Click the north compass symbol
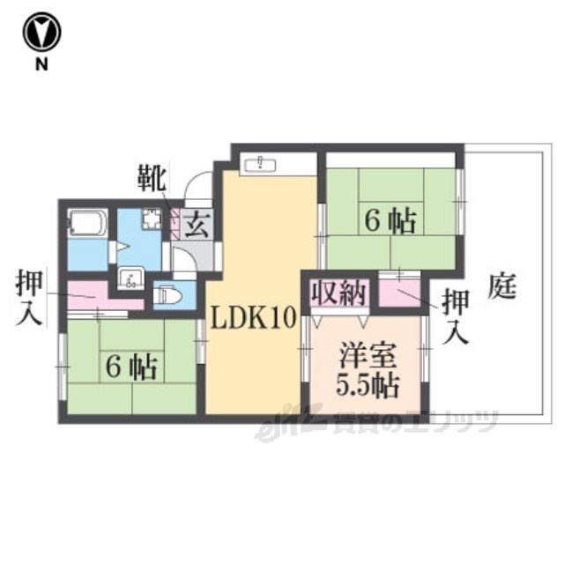coord(41,33)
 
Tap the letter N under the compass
coord(41,64)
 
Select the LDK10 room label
coord(253,318)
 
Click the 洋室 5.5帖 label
coord(367,370)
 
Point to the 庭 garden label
coord(502,286)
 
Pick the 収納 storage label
coord(338,293)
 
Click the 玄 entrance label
coord(197,225)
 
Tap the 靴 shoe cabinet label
coord(152,178)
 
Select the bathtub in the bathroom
coord(87,223)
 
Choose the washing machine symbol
coord(152,219)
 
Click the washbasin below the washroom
coord(131,278)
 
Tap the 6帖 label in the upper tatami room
coord(390,221)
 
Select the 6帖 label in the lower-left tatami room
coord(131,367)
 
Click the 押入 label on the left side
coord(29,298)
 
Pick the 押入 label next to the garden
coord(456,316)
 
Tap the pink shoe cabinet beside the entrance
coord(174,225)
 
